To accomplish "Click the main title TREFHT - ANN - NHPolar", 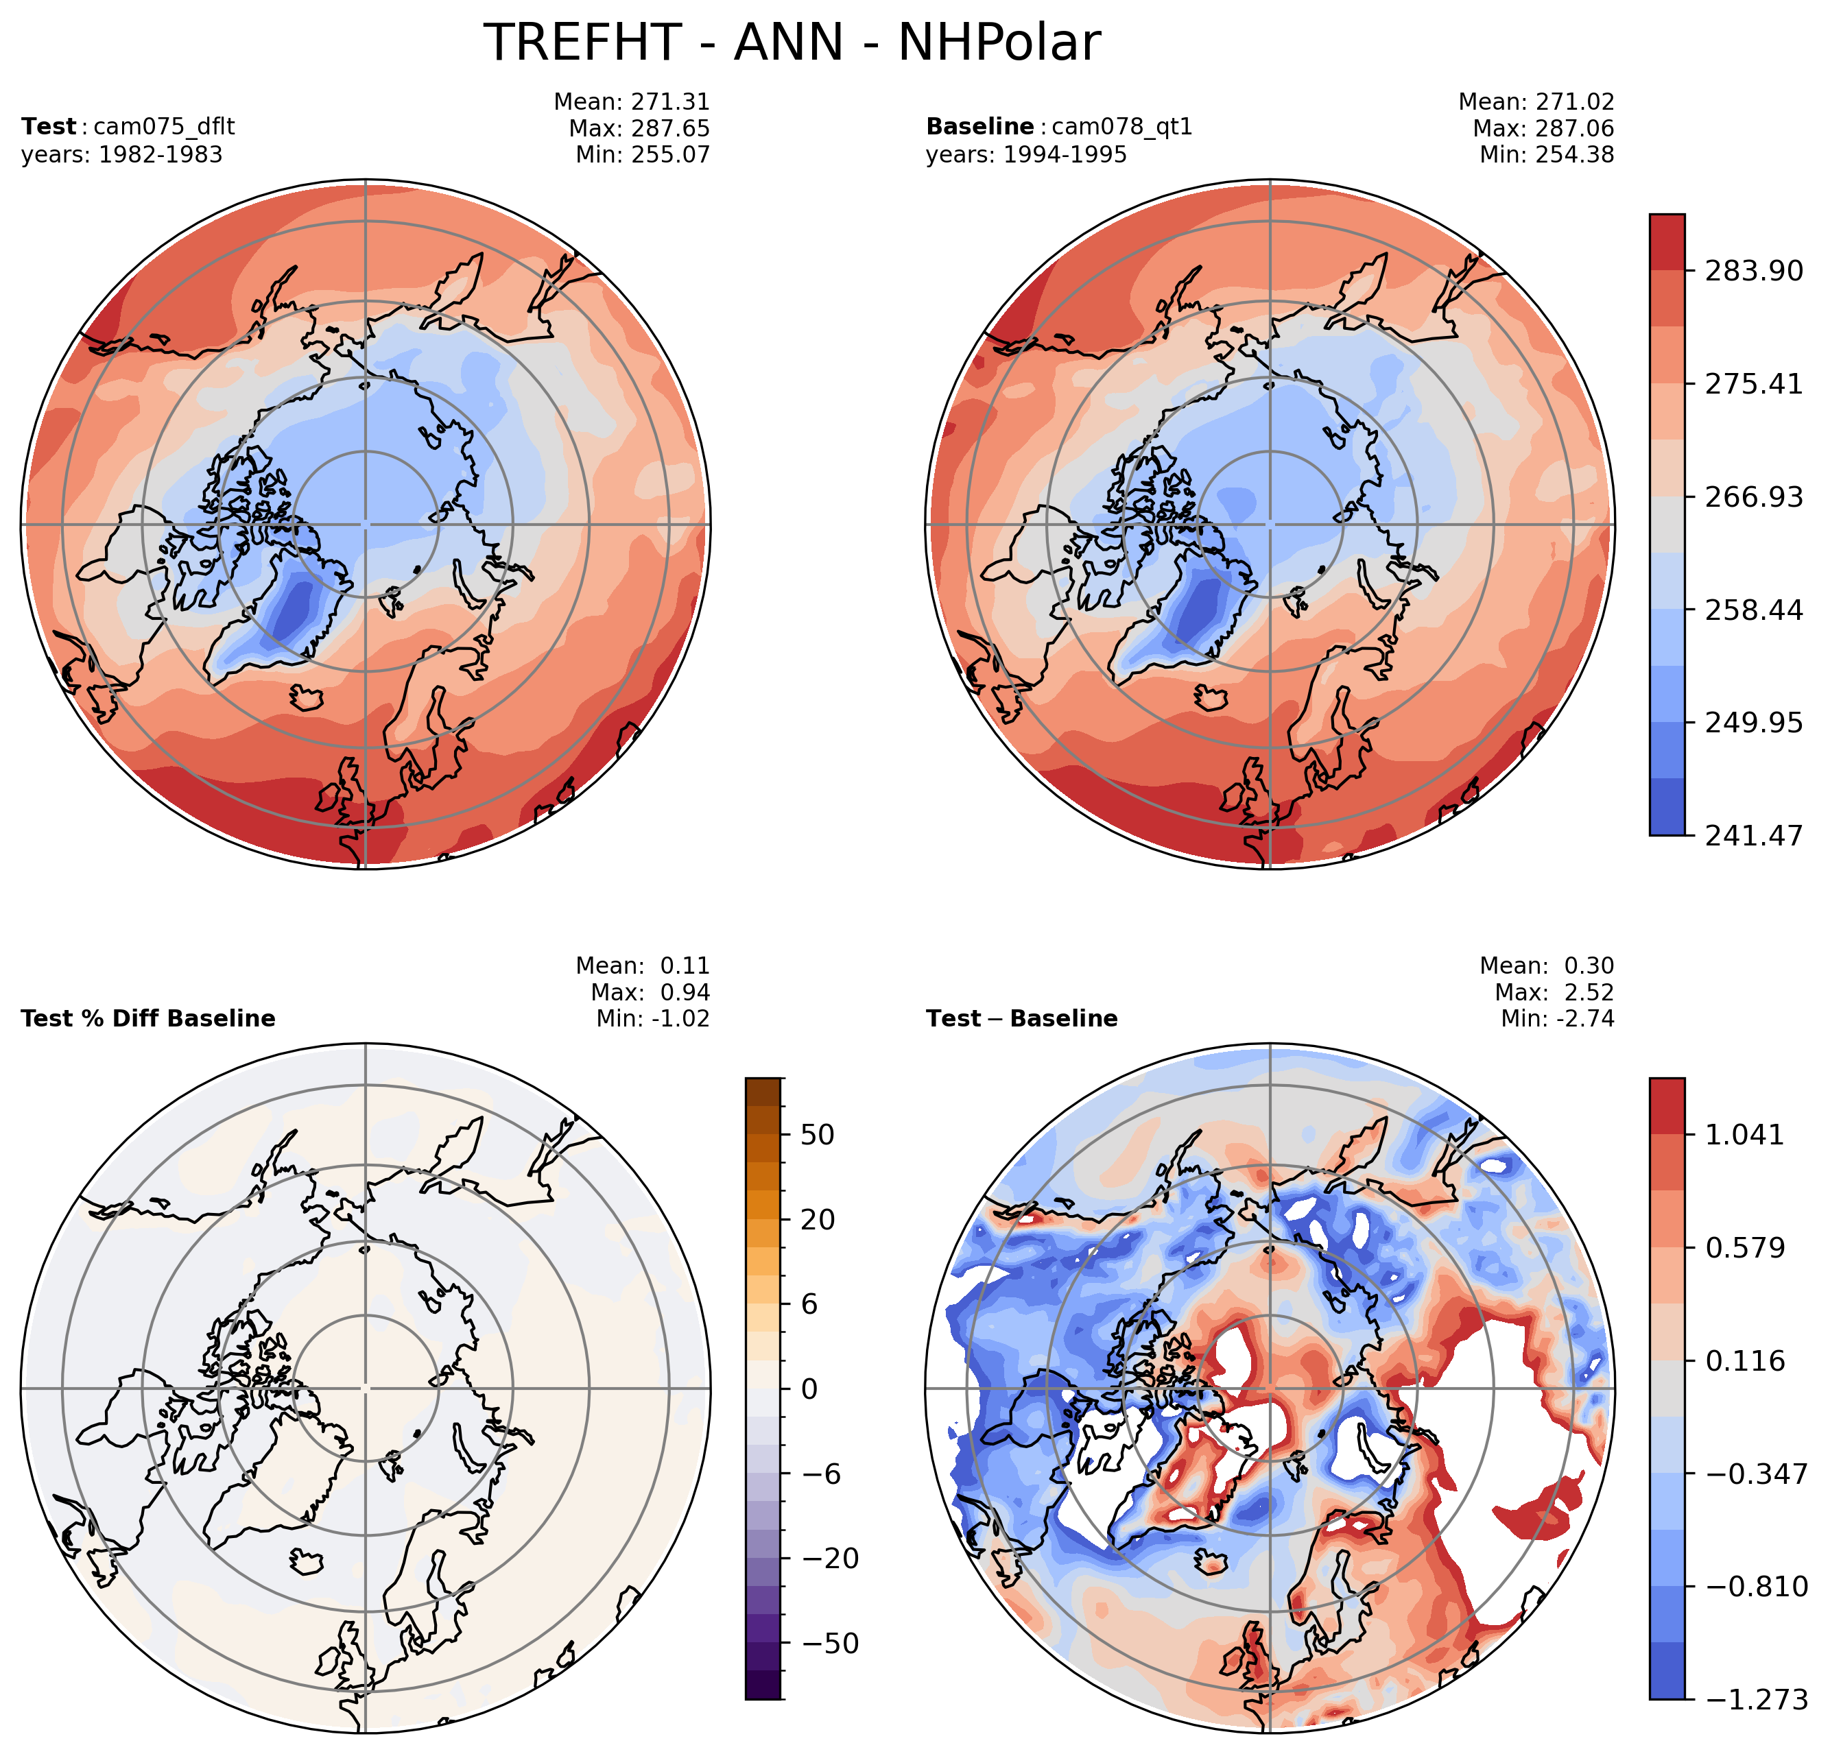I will (x=792, y=43).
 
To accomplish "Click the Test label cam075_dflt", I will (x=128, y=126).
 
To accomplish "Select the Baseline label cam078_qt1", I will (x=1059, y=126).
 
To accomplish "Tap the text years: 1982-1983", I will (x=121, y=154).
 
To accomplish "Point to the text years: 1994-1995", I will (x=1026, y=154).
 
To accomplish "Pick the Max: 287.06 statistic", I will (x=1543, y=128).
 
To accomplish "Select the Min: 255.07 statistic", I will (x=643, y=154).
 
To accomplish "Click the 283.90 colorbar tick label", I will (x=1753, y=271).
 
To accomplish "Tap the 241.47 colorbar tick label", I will (x=1753, y=835).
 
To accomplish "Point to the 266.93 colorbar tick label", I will (x=1753, y=496).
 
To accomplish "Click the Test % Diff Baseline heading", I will (x=147, y=1018).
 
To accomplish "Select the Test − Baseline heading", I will (x=1021, y=1018).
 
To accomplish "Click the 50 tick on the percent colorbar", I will (x=817, y=1135).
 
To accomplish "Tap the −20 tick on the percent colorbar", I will (x=830, y=1558).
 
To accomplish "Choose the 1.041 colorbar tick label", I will (x=1744, y=1135).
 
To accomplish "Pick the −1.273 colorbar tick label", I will (x=1756, y=1700).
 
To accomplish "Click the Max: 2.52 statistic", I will (x=1554, y=992).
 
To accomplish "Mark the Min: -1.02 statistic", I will (x=652, y=1018).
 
